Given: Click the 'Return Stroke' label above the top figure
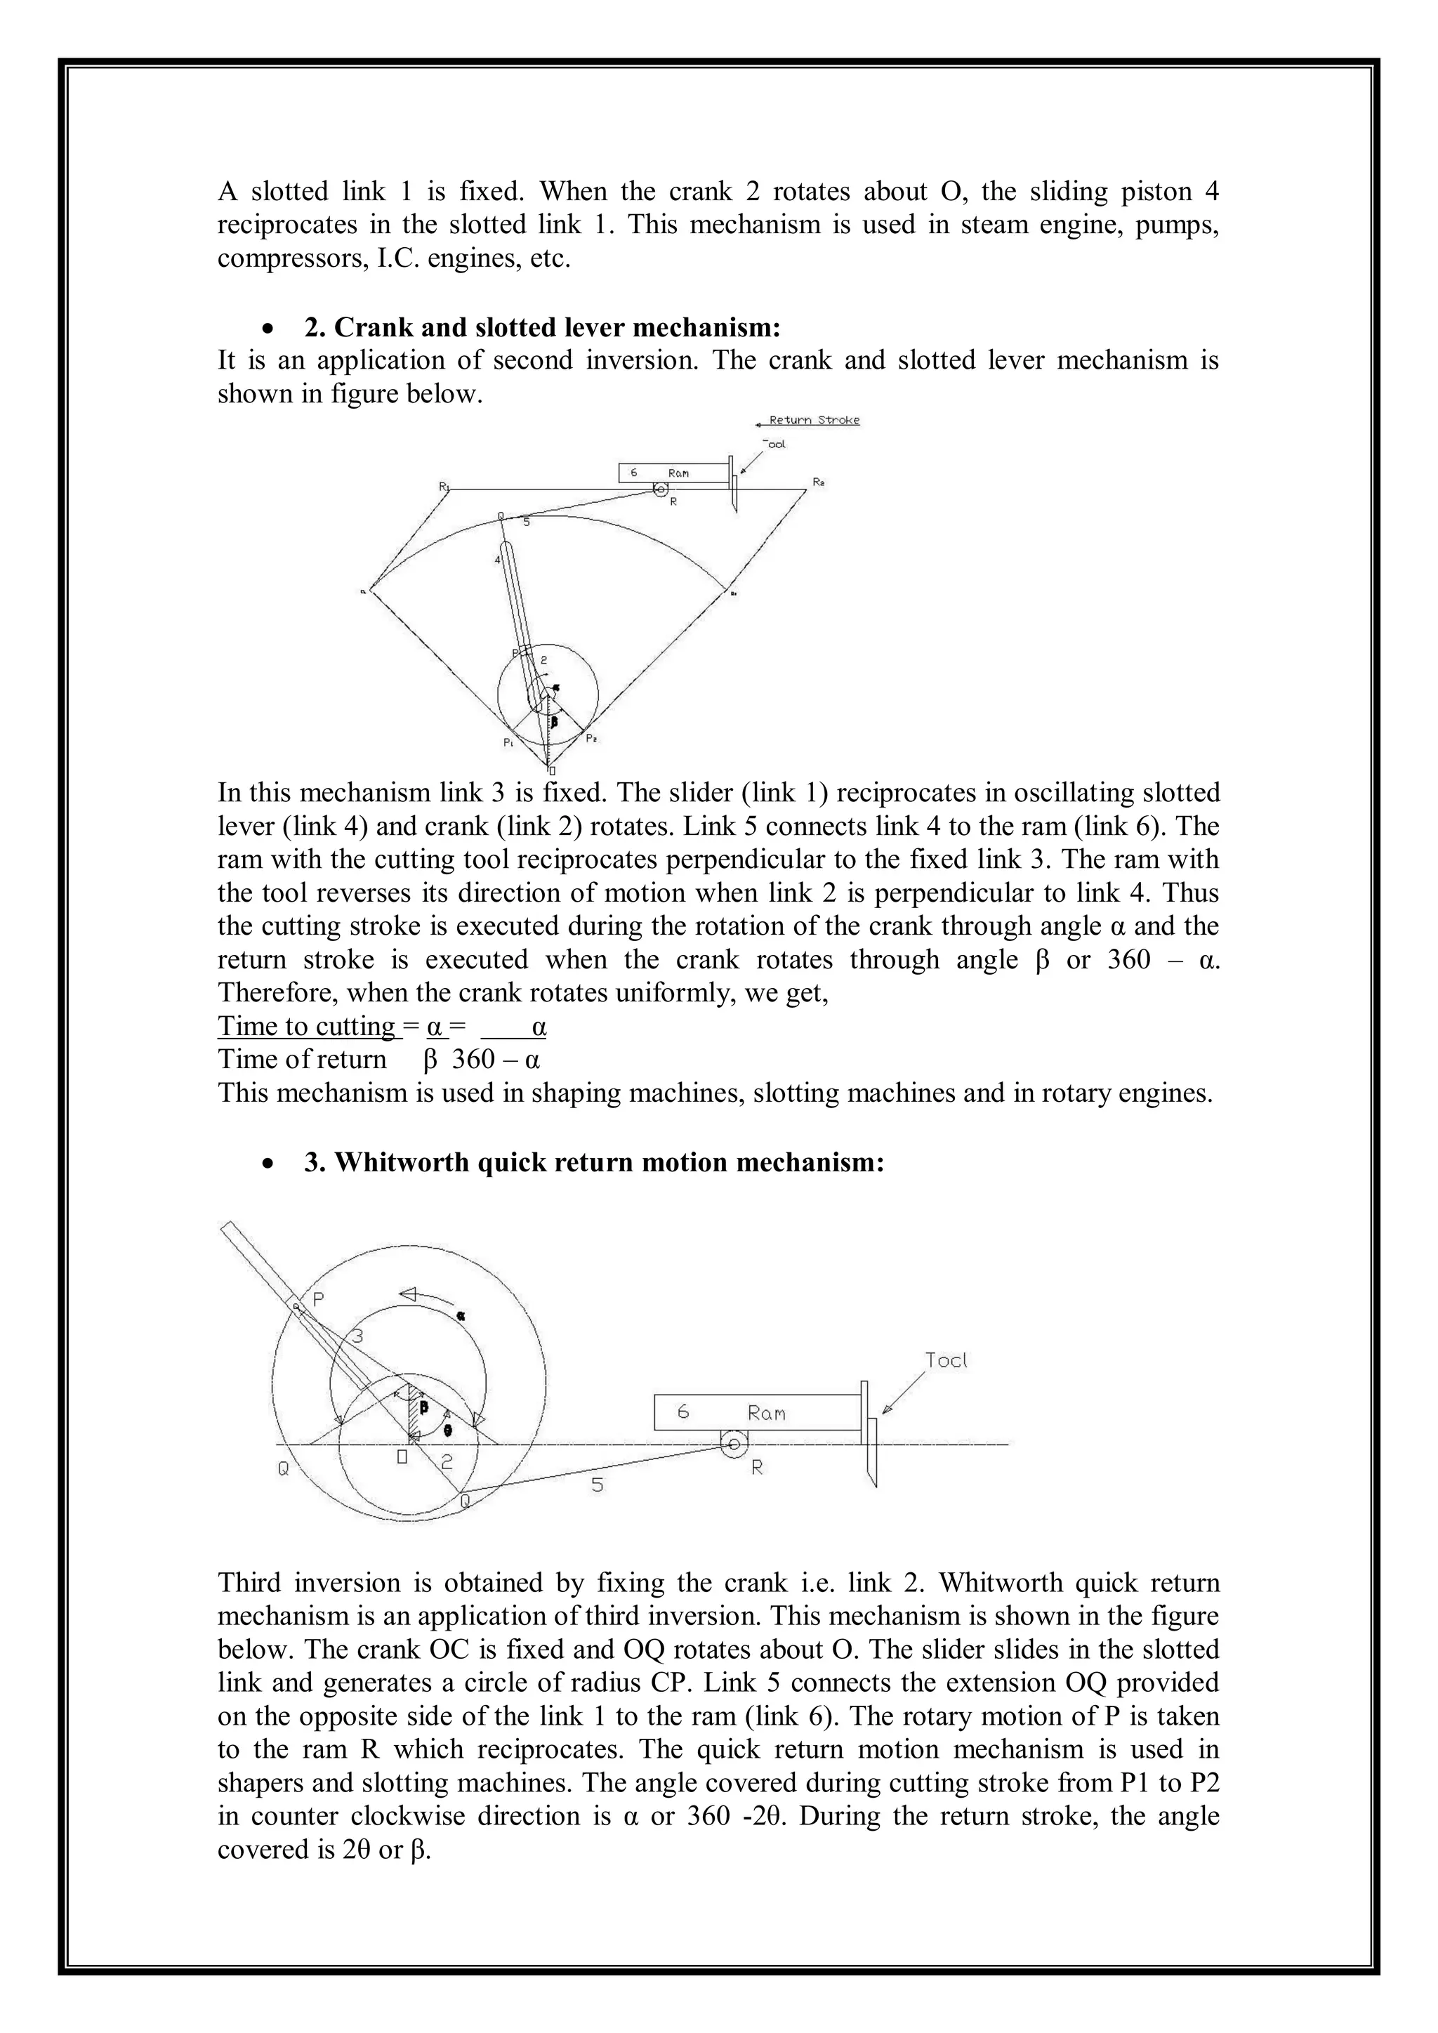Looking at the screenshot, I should [x=814, y=420].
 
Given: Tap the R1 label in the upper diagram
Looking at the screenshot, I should [x=444, y=486].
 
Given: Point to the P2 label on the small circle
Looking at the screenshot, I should [x=591, y=737].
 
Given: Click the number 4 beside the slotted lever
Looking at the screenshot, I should [x=498, y=560].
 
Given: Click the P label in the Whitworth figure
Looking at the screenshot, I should [x=319, y=1298].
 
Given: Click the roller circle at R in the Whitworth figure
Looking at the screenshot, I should [x=733, y=1445].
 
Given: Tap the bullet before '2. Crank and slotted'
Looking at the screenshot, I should [x=268, y=329].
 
